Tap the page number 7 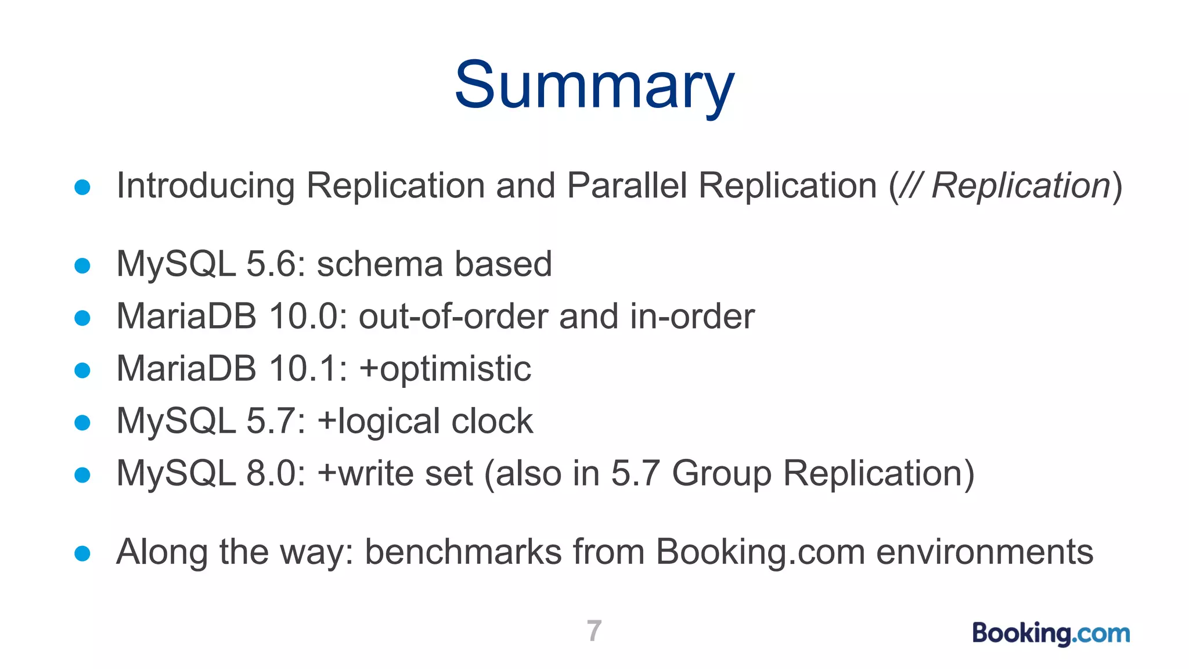coord(594,631)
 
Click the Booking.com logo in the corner coord(1051,633)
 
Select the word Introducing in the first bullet coord(206,186)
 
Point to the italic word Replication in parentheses coord(1021,186)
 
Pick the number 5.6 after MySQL coord(272,264)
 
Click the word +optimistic coord(445,369)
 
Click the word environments coord(985,552)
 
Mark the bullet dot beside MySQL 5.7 coord(82,423)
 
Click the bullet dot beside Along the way coord(82,553)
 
